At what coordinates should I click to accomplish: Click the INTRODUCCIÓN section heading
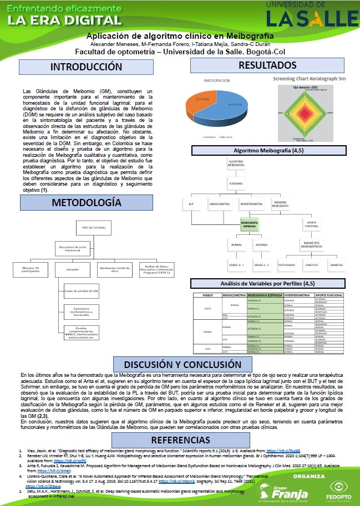(x=86, y=67)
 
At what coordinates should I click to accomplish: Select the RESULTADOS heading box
(x=267, y=65)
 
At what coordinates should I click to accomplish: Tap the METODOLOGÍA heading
(x=85, y=203)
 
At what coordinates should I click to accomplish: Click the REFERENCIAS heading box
(x=180, y=439)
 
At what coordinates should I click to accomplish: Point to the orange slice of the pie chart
(x=198, y=100)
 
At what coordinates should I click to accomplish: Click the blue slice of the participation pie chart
(x=225, y=108)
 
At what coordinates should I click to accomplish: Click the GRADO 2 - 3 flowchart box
(x=262, y=264)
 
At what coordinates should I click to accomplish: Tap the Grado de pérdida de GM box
(x=81, y=291)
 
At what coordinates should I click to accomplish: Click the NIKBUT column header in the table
(x=207, y=296)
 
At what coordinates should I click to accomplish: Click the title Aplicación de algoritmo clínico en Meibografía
(x=180, y=35)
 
